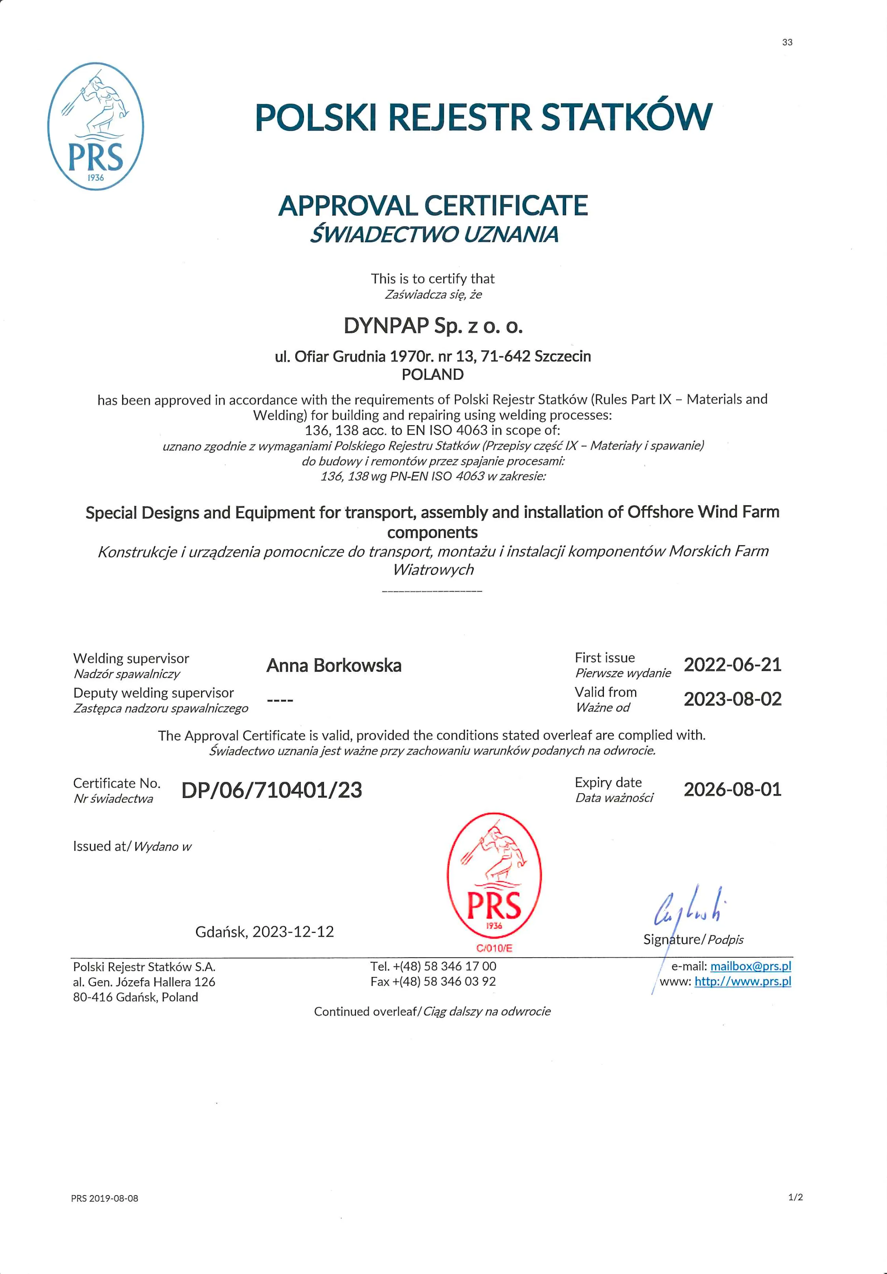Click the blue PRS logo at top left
pyautogui.click(x=95, y=127)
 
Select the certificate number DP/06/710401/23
pyautogui.click(x=271, y=790)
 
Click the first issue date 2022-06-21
pyautogui.click(x=732, y=665)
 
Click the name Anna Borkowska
pyautogui.click(x=334, y=666)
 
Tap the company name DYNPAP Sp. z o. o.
pyautogui.click(x=433, y=326)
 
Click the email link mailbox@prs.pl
pyautogui.click(x=751, y=966)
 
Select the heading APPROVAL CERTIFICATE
pyautogui.click(x=433, y=206)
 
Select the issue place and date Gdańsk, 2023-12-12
pyautogui.click(x=265, y=932)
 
